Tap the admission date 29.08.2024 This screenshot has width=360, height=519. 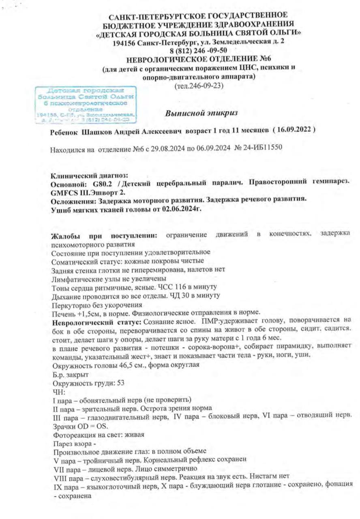click(161, 150)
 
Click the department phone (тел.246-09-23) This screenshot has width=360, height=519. click(198, 86)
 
